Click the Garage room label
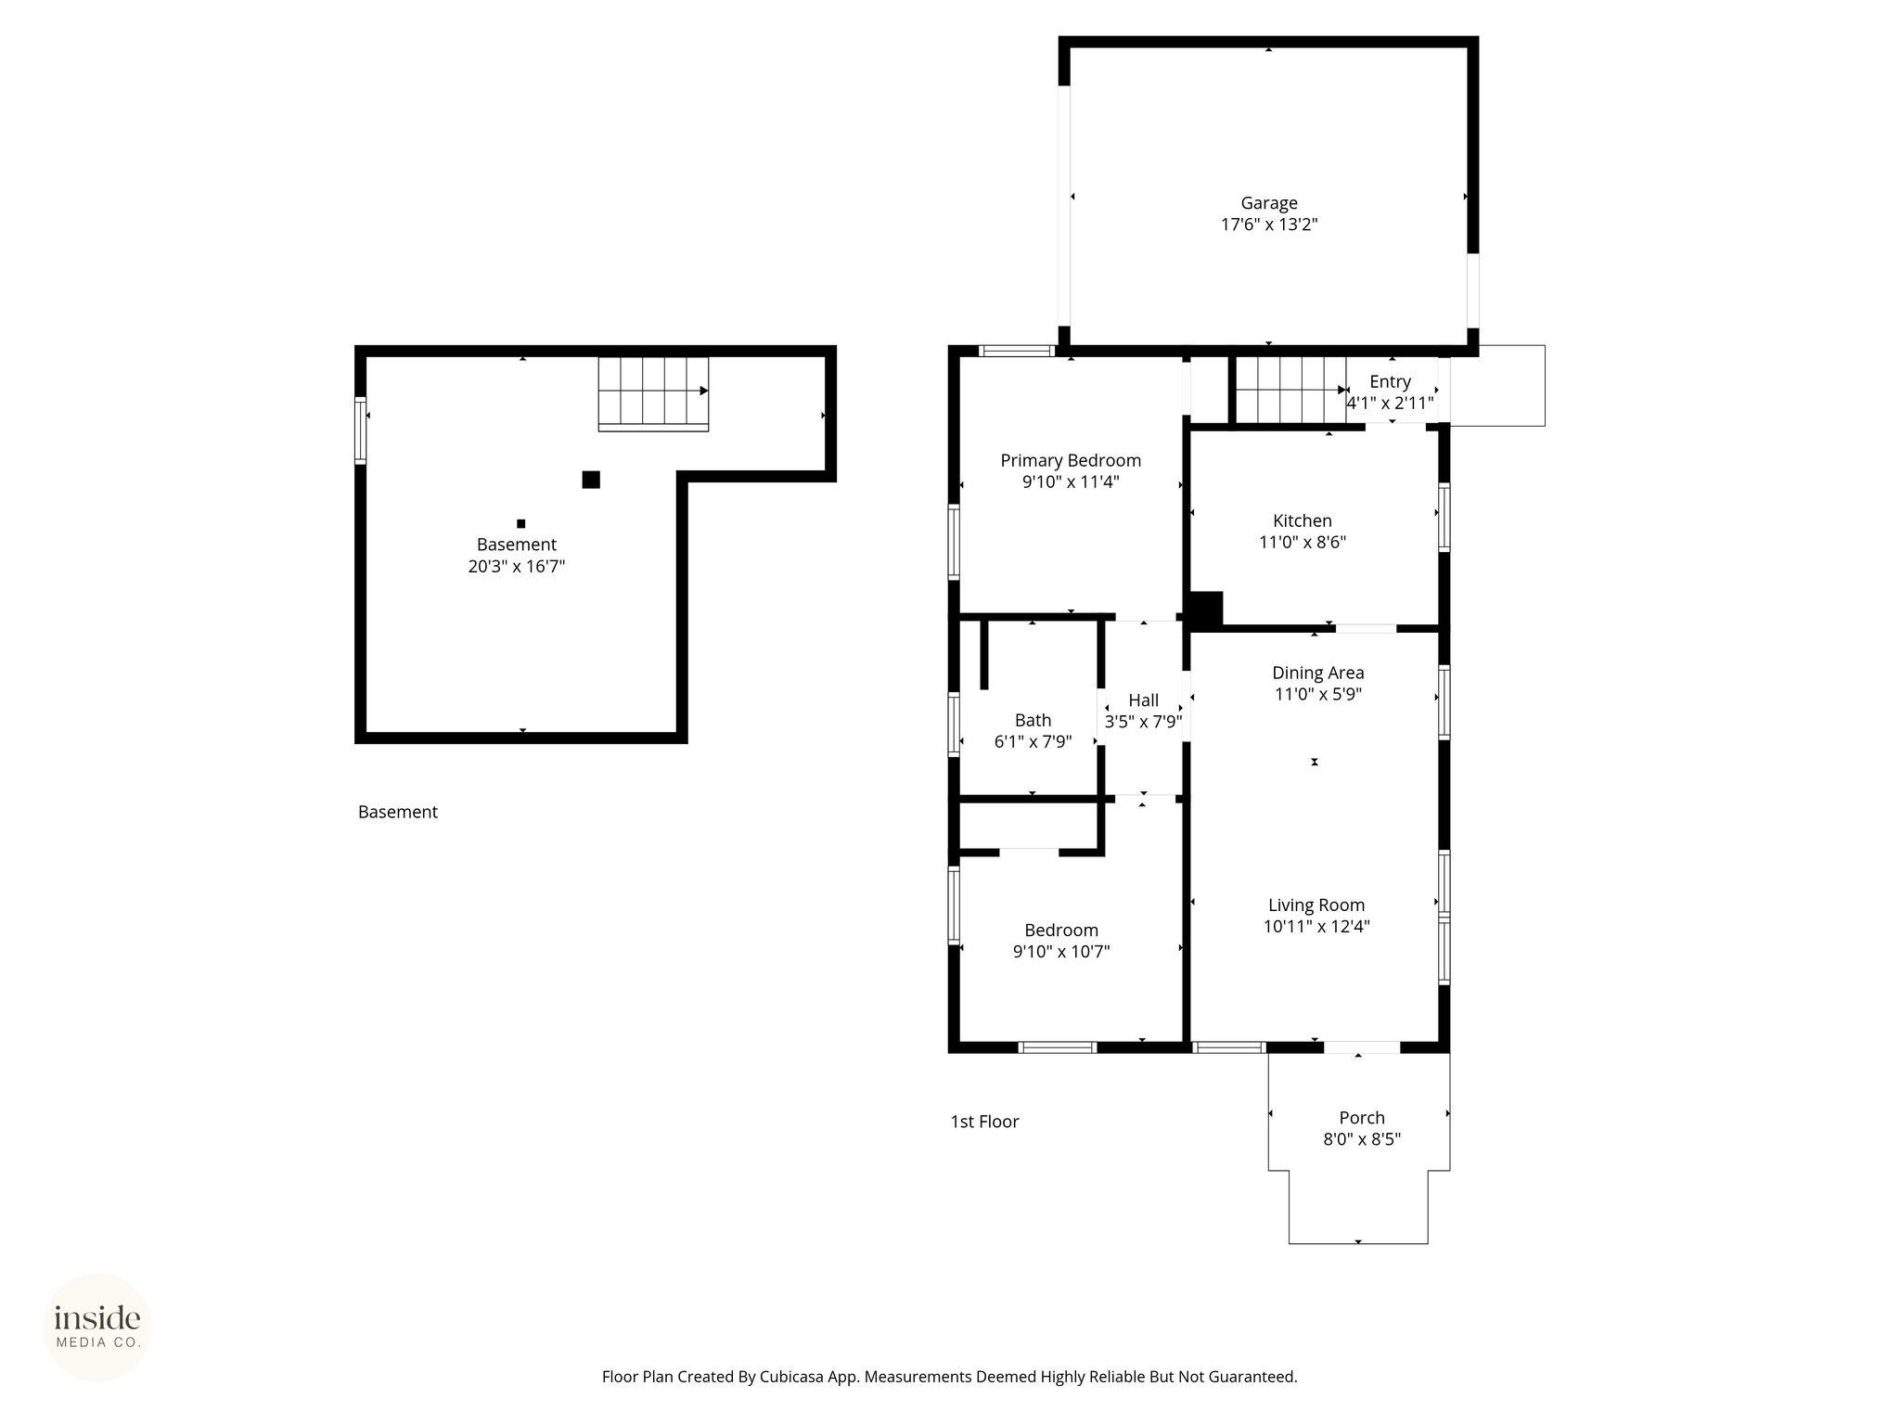click(1269, 203)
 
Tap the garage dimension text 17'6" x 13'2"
click(1269, 225)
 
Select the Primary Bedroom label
click(1071, 460)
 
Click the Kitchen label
click(1303, 520)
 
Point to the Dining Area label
click(1317, 673)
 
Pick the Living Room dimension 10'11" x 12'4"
click(1316, 926)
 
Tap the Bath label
click(1033, 720)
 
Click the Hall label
click(1144, 700)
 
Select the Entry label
click(1390, 381)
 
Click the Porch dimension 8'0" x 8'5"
click(1362, 1139)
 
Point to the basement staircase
click(653, 394)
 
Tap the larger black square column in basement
click(591, 480)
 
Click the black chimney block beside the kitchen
click(1206, 610)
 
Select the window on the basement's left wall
click(361, 430)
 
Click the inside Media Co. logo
click(97, 1327)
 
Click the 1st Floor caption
click(984, 1122)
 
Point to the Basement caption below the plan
click(398, 812)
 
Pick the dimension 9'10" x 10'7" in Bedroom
click(1061, 951)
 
